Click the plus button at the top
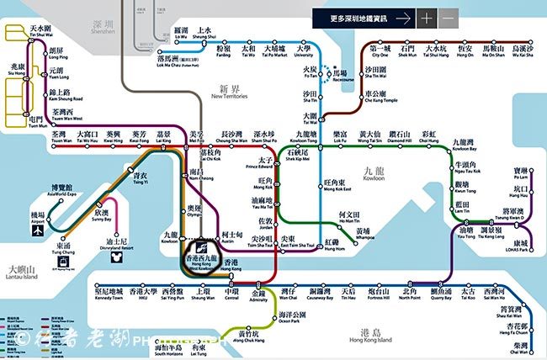point(427,18)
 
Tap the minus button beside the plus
point(449,18)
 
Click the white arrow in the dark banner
point(404,18)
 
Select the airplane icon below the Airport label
point(37,226)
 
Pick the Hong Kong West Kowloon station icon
point(201,249)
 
